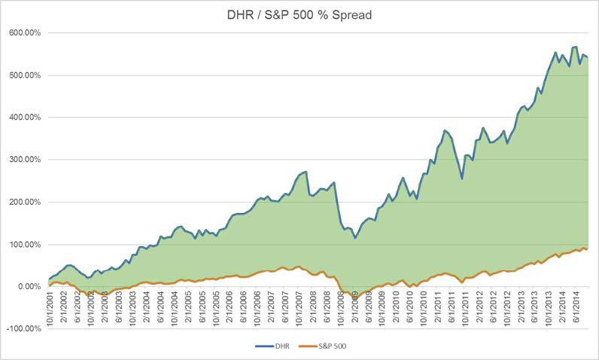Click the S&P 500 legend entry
pos(330,348)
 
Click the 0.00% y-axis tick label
pos(29,286)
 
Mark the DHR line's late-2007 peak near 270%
pos(306,172)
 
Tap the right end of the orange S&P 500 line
pos(587,249)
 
